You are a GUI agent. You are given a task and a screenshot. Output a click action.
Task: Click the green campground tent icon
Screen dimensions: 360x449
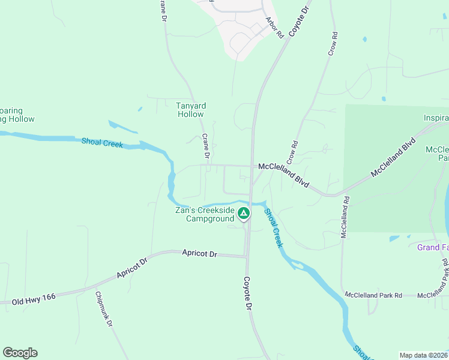(244, 213)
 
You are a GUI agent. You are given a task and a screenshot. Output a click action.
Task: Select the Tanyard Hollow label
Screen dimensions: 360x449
(190, 110)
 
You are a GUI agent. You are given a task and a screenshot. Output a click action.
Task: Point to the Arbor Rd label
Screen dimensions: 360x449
(274, 28)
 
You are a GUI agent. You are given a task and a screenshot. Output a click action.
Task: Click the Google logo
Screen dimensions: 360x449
(20, 353)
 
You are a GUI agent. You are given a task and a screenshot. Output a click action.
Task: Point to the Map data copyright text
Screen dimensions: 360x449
(424, 355)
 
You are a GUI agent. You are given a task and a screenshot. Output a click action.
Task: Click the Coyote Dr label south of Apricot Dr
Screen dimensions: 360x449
(247, 293)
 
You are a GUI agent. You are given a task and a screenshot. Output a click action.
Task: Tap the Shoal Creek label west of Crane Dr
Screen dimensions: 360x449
(102, 143)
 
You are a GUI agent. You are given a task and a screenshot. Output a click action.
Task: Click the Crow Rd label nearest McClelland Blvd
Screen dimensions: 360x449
(292, 152)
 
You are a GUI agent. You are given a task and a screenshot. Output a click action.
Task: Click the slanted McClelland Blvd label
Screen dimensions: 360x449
(393, 158)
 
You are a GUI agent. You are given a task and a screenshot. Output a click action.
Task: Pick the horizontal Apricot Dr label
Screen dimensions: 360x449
(199, 254)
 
